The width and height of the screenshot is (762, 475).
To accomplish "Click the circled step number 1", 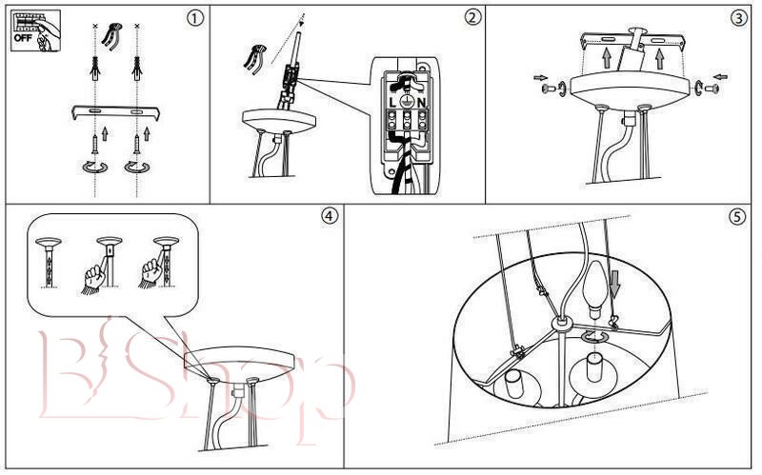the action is (x=195, y=18).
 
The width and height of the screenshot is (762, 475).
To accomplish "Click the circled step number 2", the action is (x=472, y=17).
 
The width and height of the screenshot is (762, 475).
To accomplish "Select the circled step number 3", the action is (x=739, y=18).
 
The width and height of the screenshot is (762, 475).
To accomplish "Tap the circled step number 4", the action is (x=329, y=216).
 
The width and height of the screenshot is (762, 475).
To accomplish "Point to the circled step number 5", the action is (x=736, y=217).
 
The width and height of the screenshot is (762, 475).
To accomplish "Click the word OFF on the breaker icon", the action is (x=23, y=38).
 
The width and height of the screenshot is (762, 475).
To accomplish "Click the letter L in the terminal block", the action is (x=392, y=103).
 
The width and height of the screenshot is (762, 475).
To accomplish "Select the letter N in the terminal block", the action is (x=421, y=103).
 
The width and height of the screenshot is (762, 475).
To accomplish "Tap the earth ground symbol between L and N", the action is (x=407, y=102).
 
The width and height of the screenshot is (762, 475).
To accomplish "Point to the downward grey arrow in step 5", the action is (x=615, y=284).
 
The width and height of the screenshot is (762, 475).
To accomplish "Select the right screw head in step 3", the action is (x=712, y=89).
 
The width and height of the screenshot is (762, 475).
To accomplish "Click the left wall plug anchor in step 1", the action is (x=95, y=69).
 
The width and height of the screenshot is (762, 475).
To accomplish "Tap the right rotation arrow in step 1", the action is (x=137, y=168).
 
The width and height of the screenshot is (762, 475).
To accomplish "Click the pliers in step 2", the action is (x=254, y=58).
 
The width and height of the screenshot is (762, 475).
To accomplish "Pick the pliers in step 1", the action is (x=112, y=35).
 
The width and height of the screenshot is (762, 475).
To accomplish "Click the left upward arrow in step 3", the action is (x=607, y=58).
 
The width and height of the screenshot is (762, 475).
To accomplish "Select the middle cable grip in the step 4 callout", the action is (x=108, y=263).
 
